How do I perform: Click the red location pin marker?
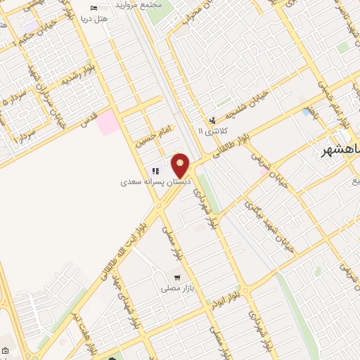coord(181,166)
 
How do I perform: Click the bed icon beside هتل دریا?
coord(94,8)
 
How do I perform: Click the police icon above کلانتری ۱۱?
coord(212,120)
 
